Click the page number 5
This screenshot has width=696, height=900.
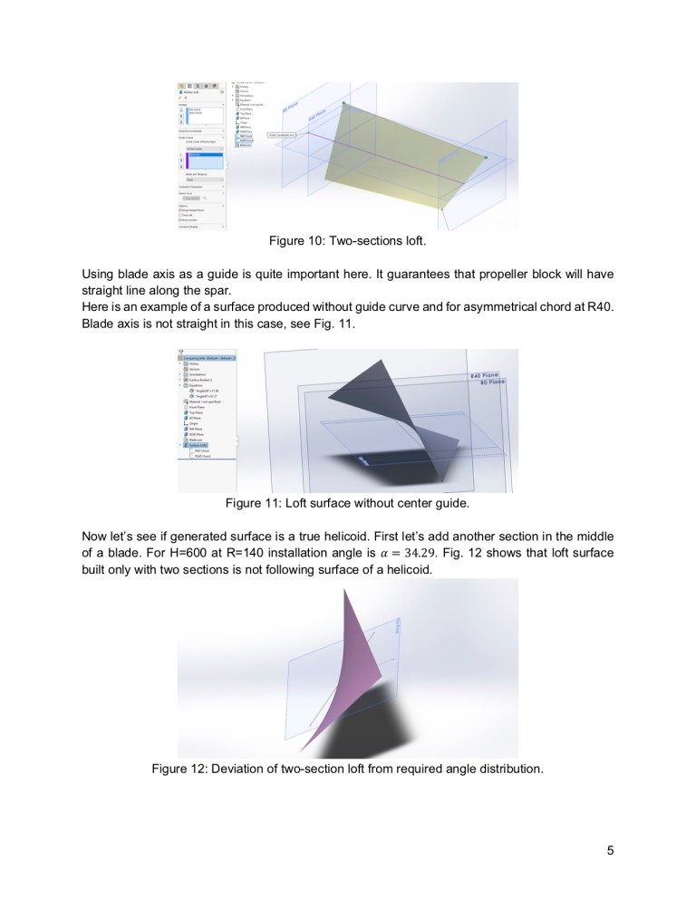tap(610, 850)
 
